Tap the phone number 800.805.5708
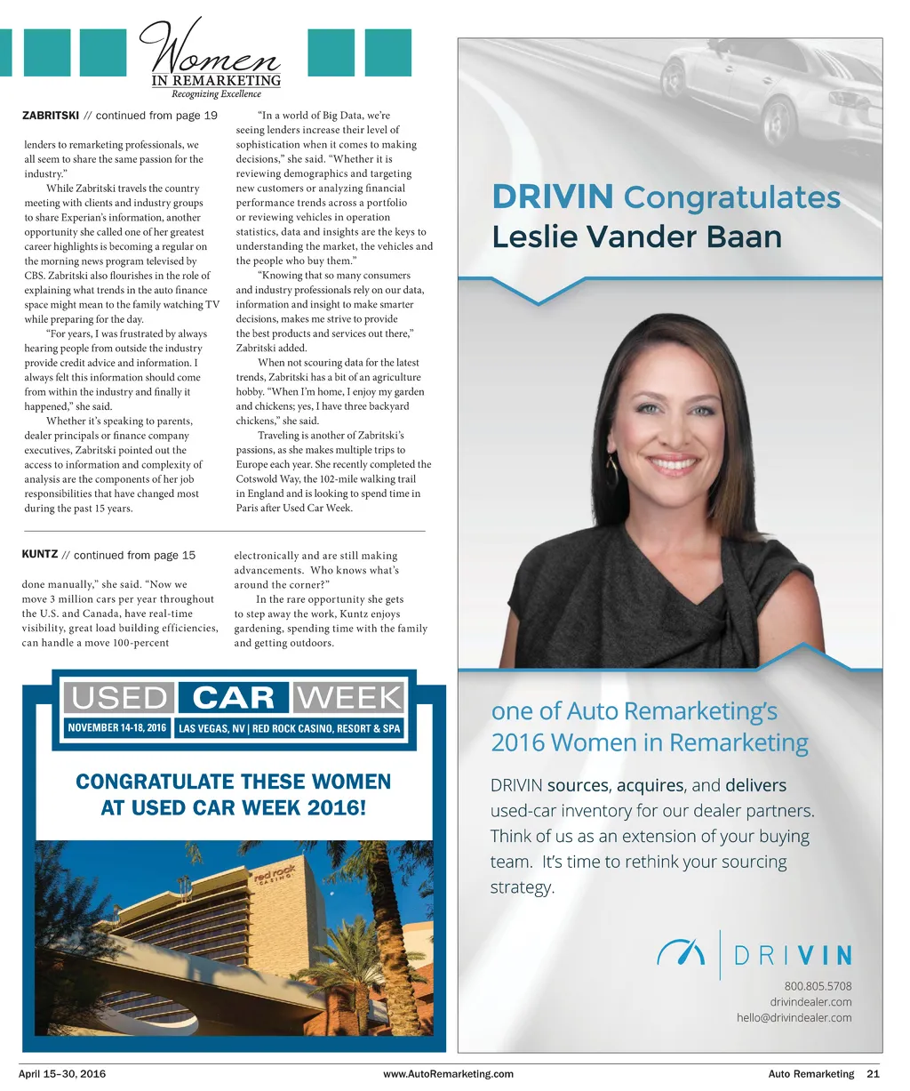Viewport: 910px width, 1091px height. (818, 986)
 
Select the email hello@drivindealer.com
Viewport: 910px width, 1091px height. (794, 1018)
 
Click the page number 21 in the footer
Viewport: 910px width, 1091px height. (873, 1074)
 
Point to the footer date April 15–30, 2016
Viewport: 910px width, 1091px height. (62, 1074)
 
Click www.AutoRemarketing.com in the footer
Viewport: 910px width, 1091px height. (448, 1074)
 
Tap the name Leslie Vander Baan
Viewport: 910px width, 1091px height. (636, 237)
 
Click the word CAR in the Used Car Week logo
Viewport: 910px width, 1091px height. (234, 698)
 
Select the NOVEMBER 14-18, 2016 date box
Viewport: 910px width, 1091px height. (117, 728)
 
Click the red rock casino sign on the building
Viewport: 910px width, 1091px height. (275, 876)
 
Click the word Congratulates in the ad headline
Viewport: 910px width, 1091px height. (731, 197)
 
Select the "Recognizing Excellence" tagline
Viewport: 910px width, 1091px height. (216, 93)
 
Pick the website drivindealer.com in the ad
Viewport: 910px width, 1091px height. (810, 1002)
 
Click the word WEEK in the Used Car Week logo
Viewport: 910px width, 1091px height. (349, 698)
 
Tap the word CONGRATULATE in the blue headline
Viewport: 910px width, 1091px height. (155, 782)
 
